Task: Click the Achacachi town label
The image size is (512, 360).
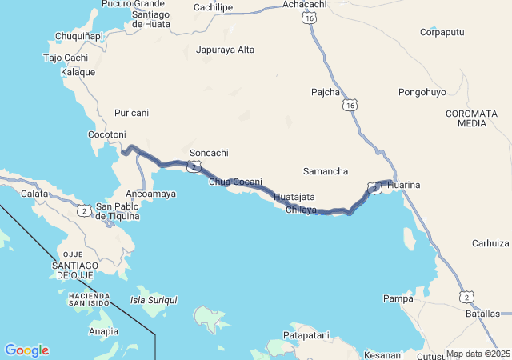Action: [305, 5]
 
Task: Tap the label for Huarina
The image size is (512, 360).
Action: [403, 186]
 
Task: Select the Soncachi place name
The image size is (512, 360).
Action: [209, 153]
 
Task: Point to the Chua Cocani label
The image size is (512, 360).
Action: [235, 182]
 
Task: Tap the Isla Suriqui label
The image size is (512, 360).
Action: [154, 300]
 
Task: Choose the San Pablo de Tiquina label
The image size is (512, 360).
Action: [118, 211]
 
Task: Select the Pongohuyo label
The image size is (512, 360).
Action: [422, 93]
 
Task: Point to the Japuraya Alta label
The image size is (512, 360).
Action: [225, 50]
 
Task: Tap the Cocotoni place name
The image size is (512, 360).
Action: [107, 134]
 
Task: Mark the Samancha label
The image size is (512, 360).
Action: [326, 172]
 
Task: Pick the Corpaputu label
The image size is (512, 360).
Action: [442, 33]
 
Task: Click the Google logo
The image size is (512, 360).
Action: [26, 350]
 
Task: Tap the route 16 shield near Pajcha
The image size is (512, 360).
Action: [353, 104]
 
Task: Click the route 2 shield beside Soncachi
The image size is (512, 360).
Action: [194, 166]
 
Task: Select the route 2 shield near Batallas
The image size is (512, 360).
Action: [466, 297]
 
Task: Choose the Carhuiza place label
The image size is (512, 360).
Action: [490, 243]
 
